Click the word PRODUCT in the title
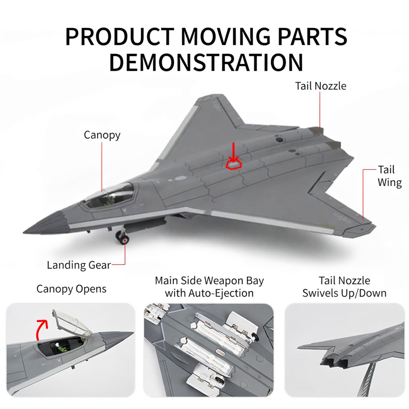pyautogui.click(x=120, y=36)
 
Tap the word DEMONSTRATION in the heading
pyautogui.click(x=206, y=62)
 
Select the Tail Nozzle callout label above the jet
pyautogui.click(x=321, y=86)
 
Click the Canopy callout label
pyautogui.click(x=102, y=135)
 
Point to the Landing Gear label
pyautogui.click(x=79, y=265)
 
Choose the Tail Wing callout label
pyautogui.click(x=389, y=176)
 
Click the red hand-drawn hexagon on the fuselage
pyautogui.click(x=234, y=165)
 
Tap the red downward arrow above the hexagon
pyautogui.click(x=233, y=152)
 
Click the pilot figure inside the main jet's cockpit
pyautogui.click(x=111, y=200)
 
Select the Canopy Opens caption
pyautogui.click(x=71, y=289)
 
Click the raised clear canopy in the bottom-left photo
pyautogui.click(x=72, y=323)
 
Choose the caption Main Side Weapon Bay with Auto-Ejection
pyautogui.click(x=209, y=287)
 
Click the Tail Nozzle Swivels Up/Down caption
pyautogui.click(x=344, y=287)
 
